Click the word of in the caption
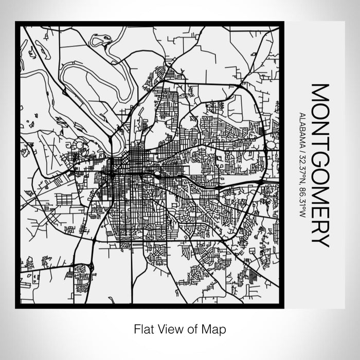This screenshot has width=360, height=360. [x=191, y=328]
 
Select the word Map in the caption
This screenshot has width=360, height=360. [x=213, y=328]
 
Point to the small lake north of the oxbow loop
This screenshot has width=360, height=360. [x=101, y=40]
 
